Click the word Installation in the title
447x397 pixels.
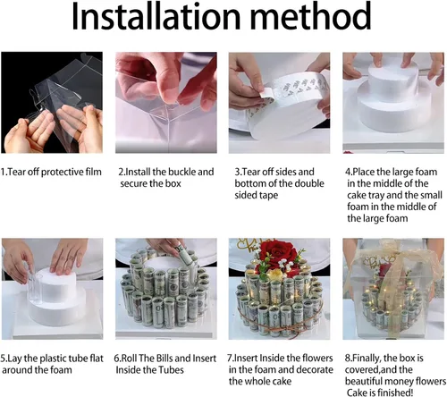coord(156,16)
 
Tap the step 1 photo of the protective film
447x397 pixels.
coord(52,103)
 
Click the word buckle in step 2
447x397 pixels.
coord(181,172)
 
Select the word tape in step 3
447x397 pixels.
coord(268,196)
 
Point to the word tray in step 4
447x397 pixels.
coord(376,196)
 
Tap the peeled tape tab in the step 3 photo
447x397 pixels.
coord(266,93)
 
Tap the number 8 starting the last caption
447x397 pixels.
coord(348,358)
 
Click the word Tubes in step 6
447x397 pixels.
coord(171,370)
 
